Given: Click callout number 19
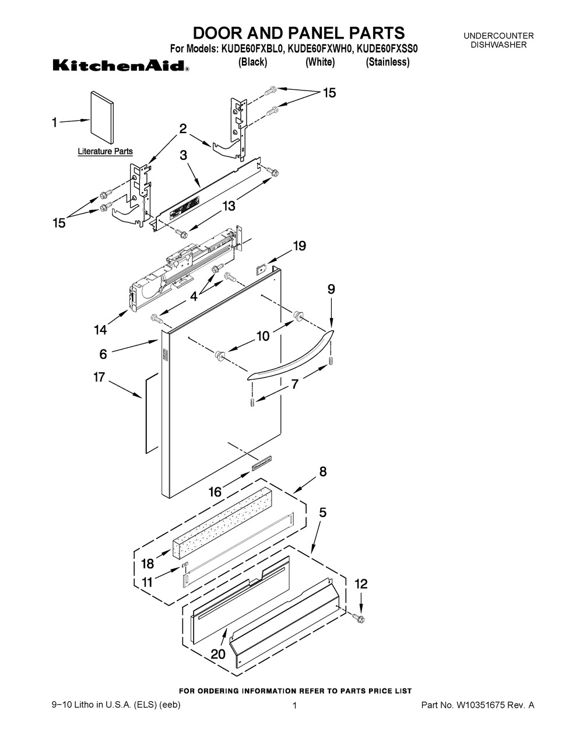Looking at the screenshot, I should [x=298, y=246].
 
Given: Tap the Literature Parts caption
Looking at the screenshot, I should [x=106, y=152].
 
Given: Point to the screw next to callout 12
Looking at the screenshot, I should [x=360, y=617].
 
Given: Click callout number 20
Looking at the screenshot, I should [x=218, y=654].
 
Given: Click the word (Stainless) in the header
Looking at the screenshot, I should [x=388, y=62].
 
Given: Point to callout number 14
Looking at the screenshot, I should [x=100, y=330].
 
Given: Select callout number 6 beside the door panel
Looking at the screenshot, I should [x=103, y=354].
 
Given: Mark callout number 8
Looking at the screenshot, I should [x=322, y=472].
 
